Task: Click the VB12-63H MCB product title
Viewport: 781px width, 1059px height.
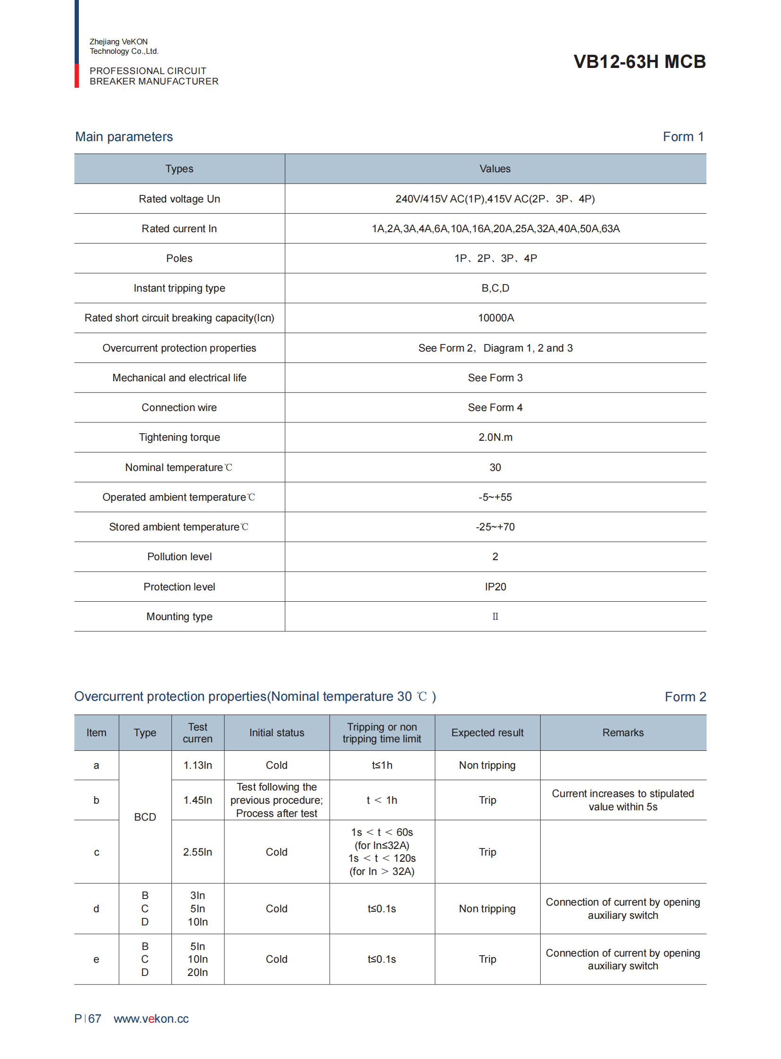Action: (x=639, y=61)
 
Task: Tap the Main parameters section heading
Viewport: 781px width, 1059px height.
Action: (x=124, y=136)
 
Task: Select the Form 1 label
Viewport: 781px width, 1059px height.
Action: (x=683, y=136)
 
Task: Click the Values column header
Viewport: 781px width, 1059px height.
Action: (x=495, y=168)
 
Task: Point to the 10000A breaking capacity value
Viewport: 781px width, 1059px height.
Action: (x=495, y=318)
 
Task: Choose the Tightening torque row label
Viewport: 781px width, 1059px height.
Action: (x=179, y=437)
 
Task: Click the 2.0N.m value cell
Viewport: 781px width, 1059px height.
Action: (x=495, y=437)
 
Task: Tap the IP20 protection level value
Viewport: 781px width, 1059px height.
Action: (x=495, y=587)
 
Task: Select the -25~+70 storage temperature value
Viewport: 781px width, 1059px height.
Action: (x=495, y=527)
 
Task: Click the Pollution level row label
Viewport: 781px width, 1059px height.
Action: (x=179, y=557)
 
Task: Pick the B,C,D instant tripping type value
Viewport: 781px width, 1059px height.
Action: (x=495, y=288)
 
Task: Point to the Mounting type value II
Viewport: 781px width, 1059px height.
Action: (x=495, y=616)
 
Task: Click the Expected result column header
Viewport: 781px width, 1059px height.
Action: (x=487, y=732)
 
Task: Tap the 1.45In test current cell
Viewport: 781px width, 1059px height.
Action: (x=198, y=800)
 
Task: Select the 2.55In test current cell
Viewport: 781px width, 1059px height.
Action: (x=198, y=852)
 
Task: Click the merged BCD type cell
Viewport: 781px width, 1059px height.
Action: (x=144, y=817)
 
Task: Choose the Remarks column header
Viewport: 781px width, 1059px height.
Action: (x=623, y=732)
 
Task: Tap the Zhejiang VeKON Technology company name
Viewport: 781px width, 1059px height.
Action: (x=124, y=46)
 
